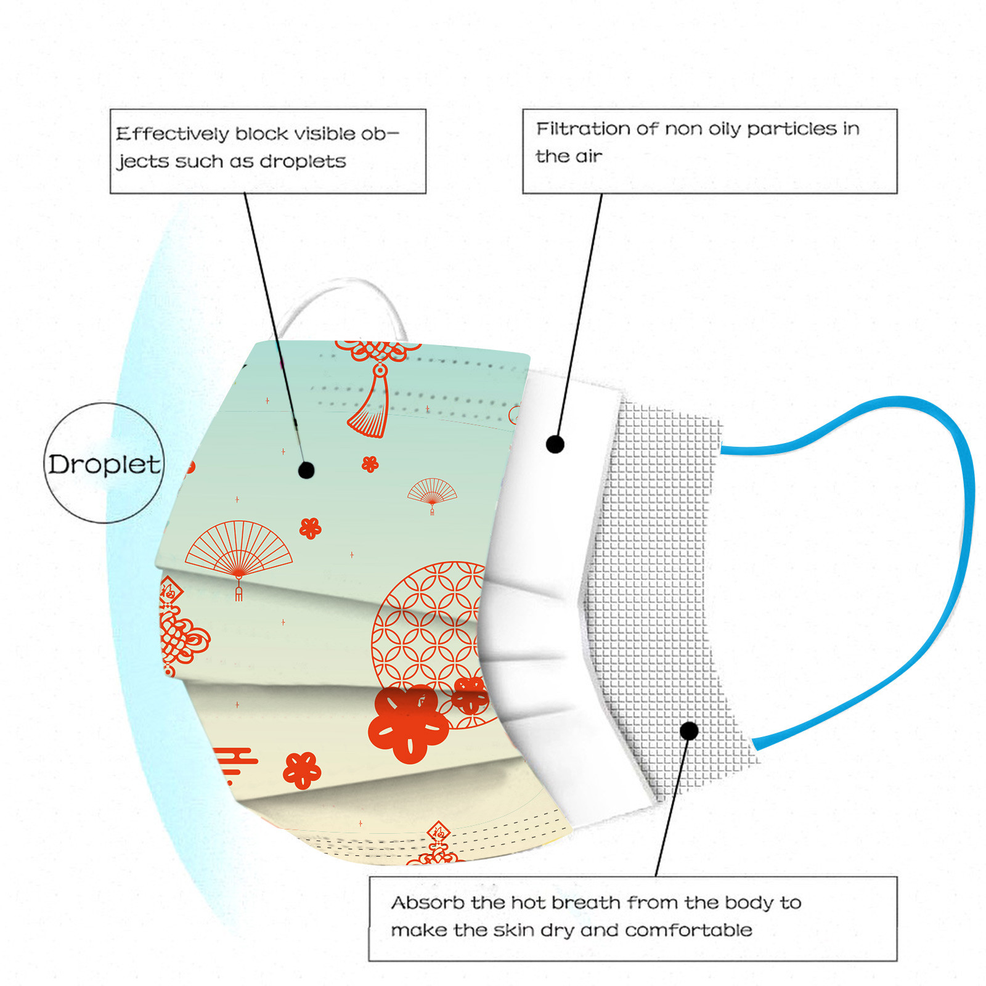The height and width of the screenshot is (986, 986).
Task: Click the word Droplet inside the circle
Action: (x=104, y=464)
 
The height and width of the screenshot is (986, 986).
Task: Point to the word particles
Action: (x=791, y=129)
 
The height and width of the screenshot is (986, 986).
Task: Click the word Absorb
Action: (x=428, y=903)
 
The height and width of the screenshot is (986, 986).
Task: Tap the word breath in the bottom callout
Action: (x=585, y=903)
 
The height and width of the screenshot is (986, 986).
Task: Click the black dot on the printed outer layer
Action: (x=306, y=470)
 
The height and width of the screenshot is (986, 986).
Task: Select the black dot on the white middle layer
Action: (x=555, y=444)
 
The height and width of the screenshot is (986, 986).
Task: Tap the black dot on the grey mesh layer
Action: (x=689, y=731)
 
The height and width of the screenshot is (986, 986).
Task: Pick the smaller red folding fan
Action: (x=432, y=491)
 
